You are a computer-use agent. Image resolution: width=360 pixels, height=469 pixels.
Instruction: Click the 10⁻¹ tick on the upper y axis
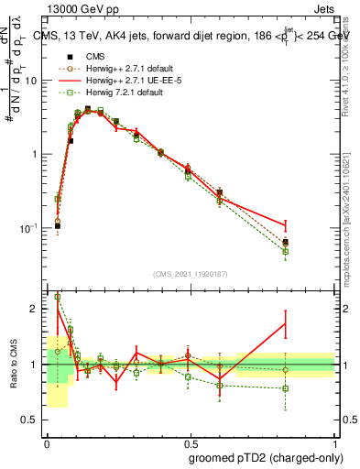30,228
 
